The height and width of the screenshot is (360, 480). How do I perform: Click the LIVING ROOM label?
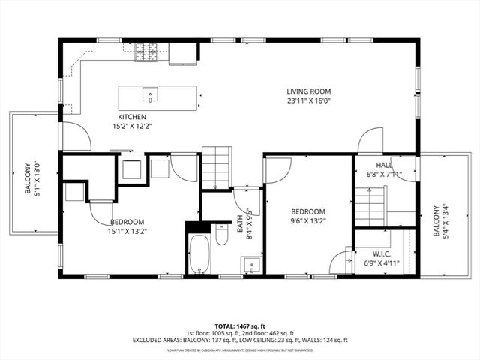tap(308, 91)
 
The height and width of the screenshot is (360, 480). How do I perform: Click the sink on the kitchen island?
tap(150, 95)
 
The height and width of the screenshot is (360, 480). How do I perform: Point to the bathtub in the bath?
tap(199, 254)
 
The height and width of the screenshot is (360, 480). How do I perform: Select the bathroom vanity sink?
tap(250, 265)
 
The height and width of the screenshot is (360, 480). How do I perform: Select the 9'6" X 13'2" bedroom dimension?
tap(308, 220)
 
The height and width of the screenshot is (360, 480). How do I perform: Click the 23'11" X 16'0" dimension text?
tap(308, 100)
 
